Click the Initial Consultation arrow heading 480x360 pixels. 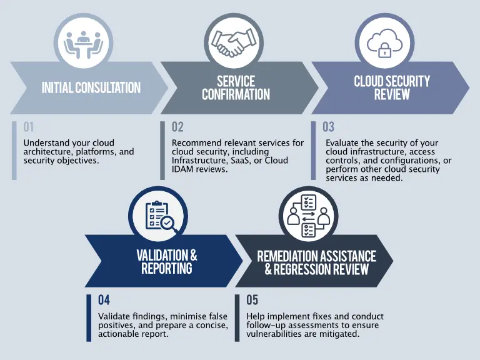91,87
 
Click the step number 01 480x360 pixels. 29,127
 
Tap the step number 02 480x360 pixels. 177,127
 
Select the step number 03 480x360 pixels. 329,127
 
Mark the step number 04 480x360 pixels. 104,300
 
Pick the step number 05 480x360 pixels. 252,300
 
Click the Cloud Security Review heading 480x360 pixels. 392,87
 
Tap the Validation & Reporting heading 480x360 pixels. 166,261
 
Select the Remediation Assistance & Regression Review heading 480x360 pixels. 316,262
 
